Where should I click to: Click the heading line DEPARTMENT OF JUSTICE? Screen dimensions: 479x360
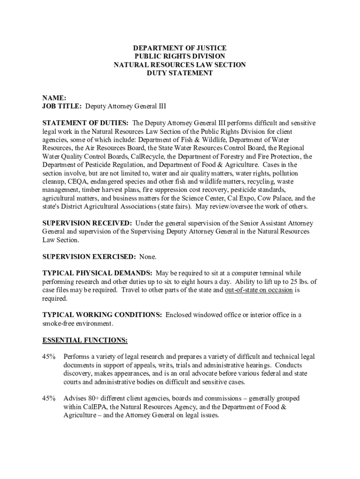[x=180, y=48]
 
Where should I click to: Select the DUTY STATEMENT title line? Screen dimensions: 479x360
[x=180, y=73]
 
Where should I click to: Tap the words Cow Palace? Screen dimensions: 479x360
[x=274, y=199]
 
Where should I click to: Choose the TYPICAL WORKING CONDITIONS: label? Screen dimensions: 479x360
[x=102, y=315]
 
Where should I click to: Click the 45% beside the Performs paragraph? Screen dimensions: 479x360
[x=49, y=357]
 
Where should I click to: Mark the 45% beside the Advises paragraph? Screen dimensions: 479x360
[x=49, y=399]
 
